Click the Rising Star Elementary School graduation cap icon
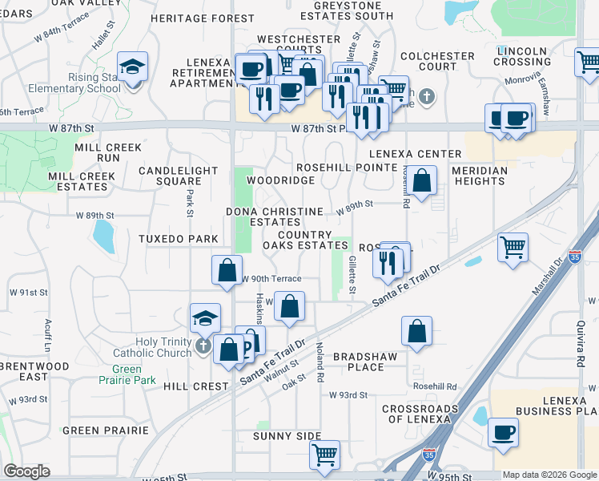(132, 65)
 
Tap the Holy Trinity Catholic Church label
(163, 347)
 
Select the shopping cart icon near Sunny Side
(324, 455)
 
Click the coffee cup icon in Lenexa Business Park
(504, 433)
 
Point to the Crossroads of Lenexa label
(420, 414)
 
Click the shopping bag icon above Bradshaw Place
(416, 330)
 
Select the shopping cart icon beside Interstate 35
(513, 246)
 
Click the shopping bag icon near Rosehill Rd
(422, 180)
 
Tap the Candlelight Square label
(178, 176)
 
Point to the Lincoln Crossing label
(521, 56)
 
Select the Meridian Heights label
(479, 176)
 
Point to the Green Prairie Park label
(121, 374)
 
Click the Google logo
(27, 471)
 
